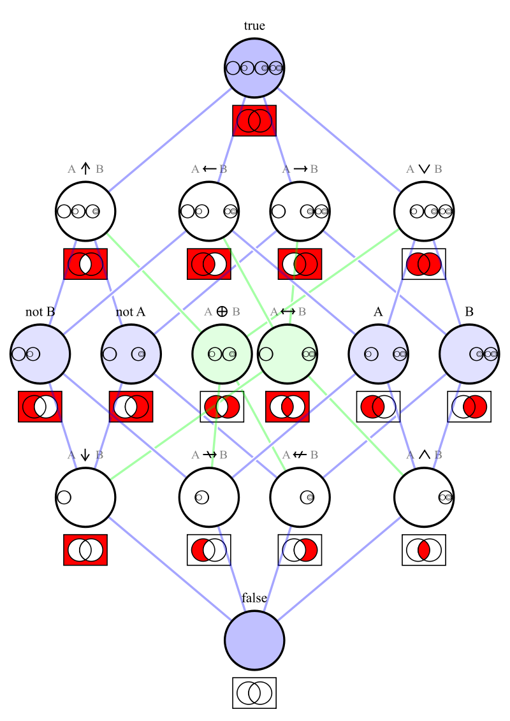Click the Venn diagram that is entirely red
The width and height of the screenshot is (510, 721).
click(x=254, y=120)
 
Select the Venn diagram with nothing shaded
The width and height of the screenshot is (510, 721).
click(x=254, y=693)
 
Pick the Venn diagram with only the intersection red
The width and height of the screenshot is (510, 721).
click(x=424, y=550)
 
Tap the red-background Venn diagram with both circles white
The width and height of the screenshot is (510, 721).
click(x=85, y=550)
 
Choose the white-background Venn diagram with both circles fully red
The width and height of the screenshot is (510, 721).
click(x=424, y=264)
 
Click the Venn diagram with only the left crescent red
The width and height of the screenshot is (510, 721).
click(x=209, y=550)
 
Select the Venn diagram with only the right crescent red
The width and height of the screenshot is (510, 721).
click(x=300, y=550)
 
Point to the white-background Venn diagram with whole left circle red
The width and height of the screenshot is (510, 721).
click(x=378, y=407)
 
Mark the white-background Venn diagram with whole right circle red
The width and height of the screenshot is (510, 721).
click(x=469, y=407)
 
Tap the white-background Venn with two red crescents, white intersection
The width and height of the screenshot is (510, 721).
click(x=222, y=407)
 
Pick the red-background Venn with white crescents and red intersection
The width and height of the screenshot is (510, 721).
click(x=288, y=407)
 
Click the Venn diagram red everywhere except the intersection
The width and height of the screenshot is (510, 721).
click(x=85, y=264)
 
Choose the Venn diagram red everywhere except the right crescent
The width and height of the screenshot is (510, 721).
click(x=209, y=264)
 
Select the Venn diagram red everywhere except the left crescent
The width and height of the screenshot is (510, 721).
click(x=300, y=264)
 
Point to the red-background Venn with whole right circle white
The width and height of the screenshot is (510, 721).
click(x=40, y=407)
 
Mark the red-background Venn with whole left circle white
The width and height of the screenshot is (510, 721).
click(x=131, y=407)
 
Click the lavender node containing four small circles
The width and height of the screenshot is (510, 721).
click(x=254, y=68)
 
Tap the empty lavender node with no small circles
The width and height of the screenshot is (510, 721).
click(x=254, y=640)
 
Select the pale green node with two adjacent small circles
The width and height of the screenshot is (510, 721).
click(x=222, y=354)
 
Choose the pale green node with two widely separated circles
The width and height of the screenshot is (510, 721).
click(x=288, y=354)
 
